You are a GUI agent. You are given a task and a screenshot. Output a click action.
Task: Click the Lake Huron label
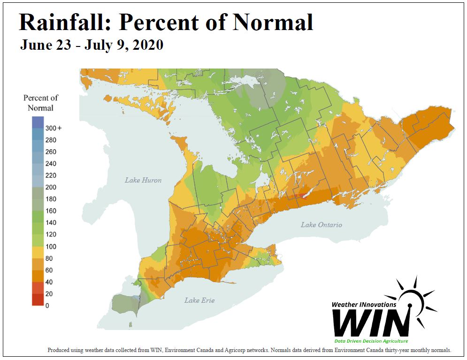(143, 180)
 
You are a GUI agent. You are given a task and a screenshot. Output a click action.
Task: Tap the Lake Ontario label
(322, 225)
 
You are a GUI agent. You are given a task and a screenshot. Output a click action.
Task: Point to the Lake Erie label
(199, 300)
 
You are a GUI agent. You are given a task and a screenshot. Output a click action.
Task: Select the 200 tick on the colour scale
(51, 187)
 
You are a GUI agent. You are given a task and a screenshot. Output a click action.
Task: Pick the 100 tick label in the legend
(51, 246)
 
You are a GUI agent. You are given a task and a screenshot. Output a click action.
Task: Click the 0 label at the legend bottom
(47, 306)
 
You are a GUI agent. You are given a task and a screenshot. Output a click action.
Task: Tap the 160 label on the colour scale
(51, 211)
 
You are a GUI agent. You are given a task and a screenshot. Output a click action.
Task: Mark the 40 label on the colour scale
(49, 282)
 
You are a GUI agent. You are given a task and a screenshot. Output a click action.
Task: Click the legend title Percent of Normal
(41, 103)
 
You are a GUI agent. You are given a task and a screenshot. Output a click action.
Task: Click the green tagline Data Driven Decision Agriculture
(371, 341)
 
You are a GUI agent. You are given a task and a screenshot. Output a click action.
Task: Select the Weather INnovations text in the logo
(364, 305)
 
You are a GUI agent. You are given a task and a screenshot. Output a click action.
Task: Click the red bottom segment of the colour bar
(38, 299)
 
